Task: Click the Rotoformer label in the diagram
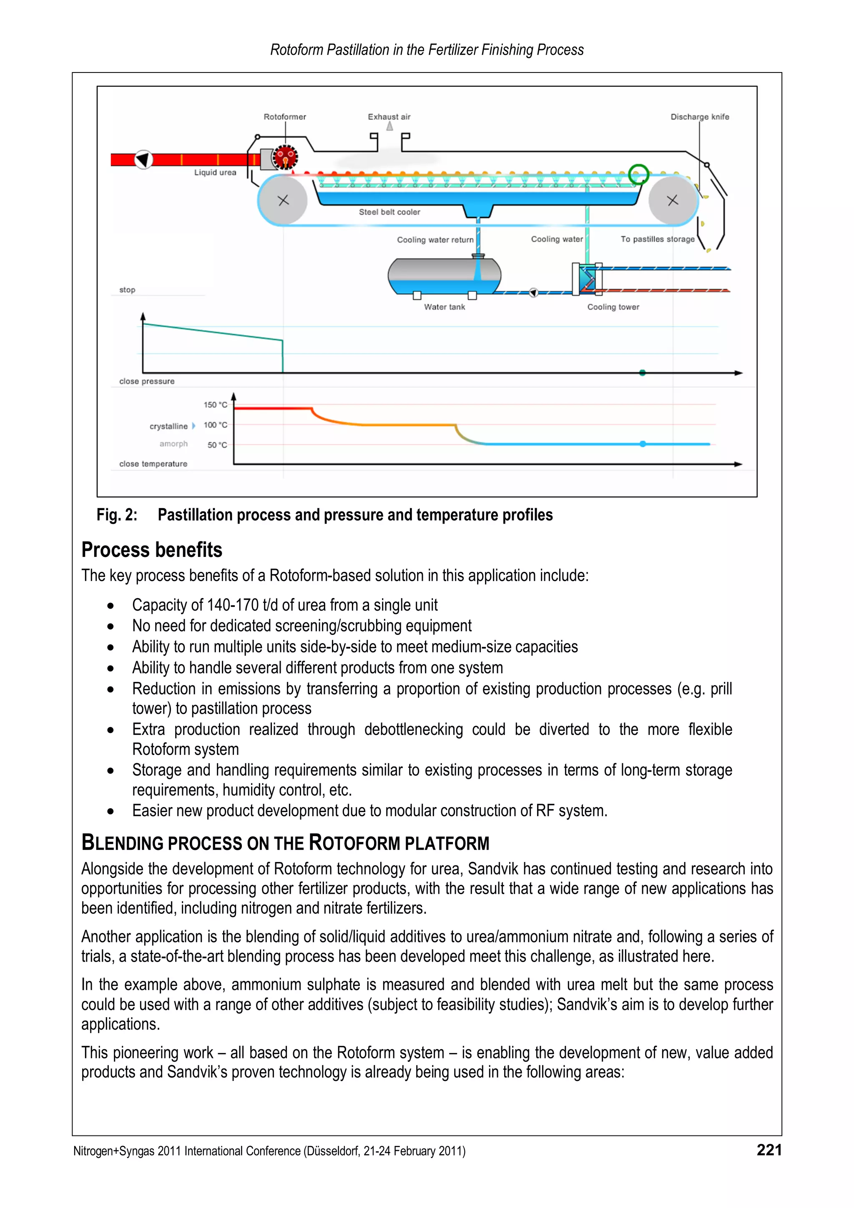click(x=285, y=117)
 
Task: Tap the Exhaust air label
click(x=389, y=117)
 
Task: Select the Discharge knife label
click(x=699, y=117)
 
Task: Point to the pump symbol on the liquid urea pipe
click(x=143, y=159)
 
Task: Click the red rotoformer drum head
click(x=285, y=157)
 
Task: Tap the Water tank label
click(x=445, y=307)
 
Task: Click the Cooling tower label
click(x=613, y=307)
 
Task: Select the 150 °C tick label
click(x=216, y=405)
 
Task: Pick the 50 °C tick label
click(x=217, y=445)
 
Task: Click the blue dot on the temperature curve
click(x=643, y=444)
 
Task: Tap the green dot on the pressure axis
click(x=642, y=373)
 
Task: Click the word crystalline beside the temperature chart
click(x=168, y=426)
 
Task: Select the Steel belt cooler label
click(x=389, y=212)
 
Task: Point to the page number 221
click(x=769, y=1150)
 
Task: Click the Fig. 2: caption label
click(x=117, y=514)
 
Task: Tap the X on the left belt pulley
click(x=283, y=200)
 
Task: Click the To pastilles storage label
click(x=657, y=239)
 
